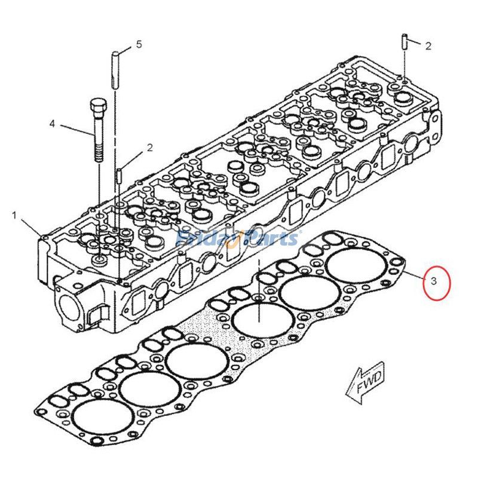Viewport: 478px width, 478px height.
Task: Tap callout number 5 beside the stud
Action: click(x=139, y=44)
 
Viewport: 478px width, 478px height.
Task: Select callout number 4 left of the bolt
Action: click(x=52, y=124)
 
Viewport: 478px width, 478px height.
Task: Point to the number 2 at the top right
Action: click(x=428, y=45)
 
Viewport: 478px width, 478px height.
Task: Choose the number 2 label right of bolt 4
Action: click(x=150, y=147)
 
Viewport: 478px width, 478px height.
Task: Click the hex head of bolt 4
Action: click(x=97, y=108)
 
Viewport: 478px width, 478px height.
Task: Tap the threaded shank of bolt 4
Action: click(x=97, y=143)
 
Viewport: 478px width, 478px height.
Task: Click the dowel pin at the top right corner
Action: click(x=405, y=43)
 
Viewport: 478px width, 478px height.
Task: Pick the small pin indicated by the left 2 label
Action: click(x=119, y=174)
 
